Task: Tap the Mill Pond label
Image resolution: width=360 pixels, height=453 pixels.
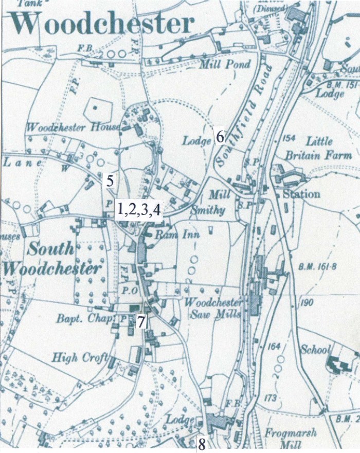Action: [x=225, y=65]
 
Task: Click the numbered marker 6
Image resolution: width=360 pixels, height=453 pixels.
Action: [x=220, y=137]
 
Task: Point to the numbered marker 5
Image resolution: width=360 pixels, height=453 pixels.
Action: [x=110, y=180]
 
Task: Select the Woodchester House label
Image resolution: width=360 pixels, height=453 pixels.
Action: [x=73, y=127]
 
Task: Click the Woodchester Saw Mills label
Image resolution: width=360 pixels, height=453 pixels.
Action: [x=211, y=307]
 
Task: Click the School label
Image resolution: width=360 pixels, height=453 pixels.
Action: [x=315, y=350]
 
